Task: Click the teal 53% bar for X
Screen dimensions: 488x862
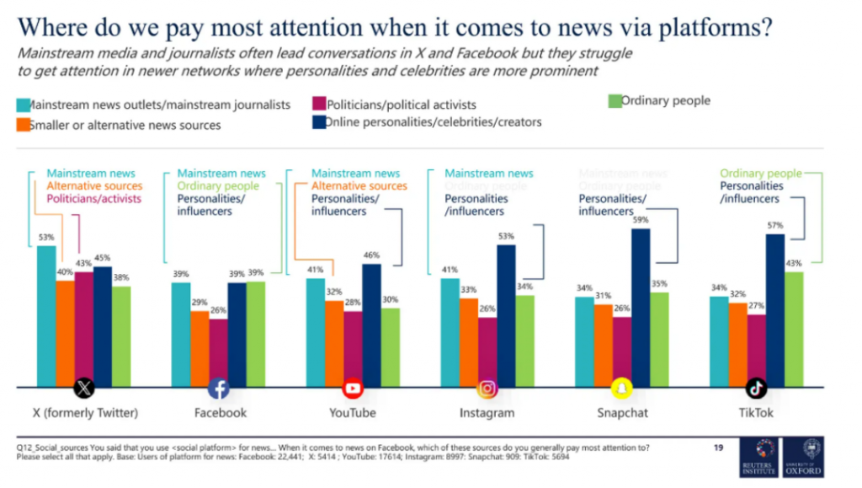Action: click(46, 316)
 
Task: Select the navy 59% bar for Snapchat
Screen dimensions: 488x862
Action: click(641, 308)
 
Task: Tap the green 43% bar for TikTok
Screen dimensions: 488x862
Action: click(793, 329)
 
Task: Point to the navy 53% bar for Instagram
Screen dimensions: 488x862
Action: click(506, 316)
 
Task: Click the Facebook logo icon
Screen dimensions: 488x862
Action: click(219, 389)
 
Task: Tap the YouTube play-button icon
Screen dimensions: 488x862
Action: click(353, 389)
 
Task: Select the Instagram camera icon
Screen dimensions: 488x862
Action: click(487, 389)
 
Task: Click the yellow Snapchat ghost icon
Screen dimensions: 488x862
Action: click(621, 389)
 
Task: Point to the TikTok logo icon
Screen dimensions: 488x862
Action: click(756, 389)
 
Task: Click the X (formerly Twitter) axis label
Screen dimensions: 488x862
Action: click(85, 413)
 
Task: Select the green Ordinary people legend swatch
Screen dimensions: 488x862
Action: click(614, 101)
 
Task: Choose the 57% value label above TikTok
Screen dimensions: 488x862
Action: click(774, 226)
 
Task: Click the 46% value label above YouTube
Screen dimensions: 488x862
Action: click(371, 255)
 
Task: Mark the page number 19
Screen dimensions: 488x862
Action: click(718, 448)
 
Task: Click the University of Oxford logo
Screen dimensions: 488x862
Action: click(802, 457)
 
